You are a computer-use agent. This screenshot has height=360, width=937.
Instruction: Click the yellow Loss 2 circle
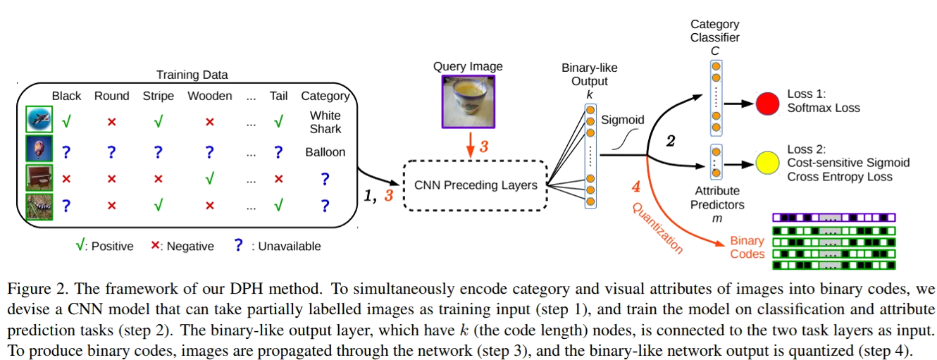[x=767, y=163]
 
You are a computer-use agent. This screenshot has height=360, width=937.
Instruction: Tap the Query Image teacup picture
[x=468, y=101]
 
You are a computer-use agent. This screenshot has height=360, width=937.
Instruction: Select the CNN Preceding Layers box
[x=475, y=185]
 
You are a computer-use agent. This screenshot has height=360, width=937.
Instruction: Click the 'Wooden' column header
[x=209, y=96]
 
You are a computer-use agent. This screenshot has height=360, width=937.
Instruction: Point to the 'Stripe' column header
[x=158, y=96]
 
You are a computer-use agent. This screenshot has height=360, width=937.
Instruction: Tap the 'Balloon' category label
[x=325, y=151]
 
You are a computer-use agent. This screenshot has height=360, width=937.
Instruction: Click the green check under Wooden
[x=209, y=178]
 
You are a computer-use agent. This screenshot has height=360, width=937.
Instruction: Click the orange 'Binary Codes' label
[x=747, y=247]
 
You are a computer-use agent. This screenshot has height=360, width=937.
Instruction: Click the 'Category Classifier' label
[x=714, y=31]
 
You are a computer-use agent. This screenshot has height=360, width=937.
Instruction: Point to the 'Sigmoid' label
[x=622, y=120]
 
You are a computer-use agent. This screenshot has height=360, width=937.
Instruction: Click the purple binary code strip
[x=833, y=217]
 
